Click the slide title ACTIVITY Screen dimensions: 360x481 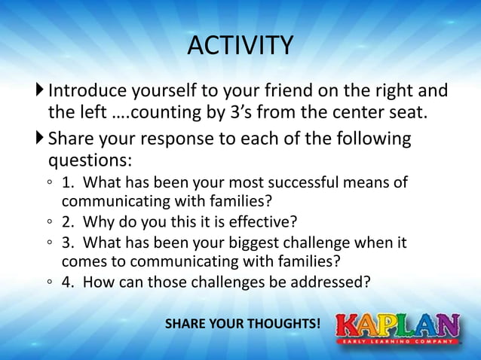click(x=240, y=46)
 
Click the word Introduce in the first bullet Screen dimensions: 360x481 click(x=83, y=92)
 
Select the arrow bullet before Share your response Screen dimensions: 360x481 click(x=40, y=139)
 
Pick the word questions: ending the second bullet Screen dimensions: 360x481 click(x=90, y=161)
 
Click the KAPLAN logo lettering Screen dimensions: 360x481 click(x=397, y=325)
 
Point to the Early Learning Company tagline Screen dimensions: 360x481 click(x=397, y=342)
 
